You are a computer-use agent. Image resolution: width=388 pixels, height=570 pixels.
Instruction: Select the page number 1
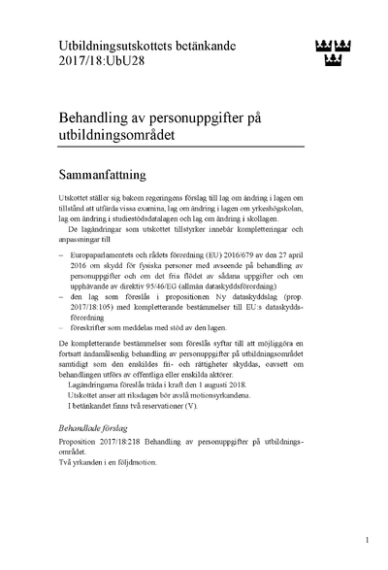click(x=367, y=538)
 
